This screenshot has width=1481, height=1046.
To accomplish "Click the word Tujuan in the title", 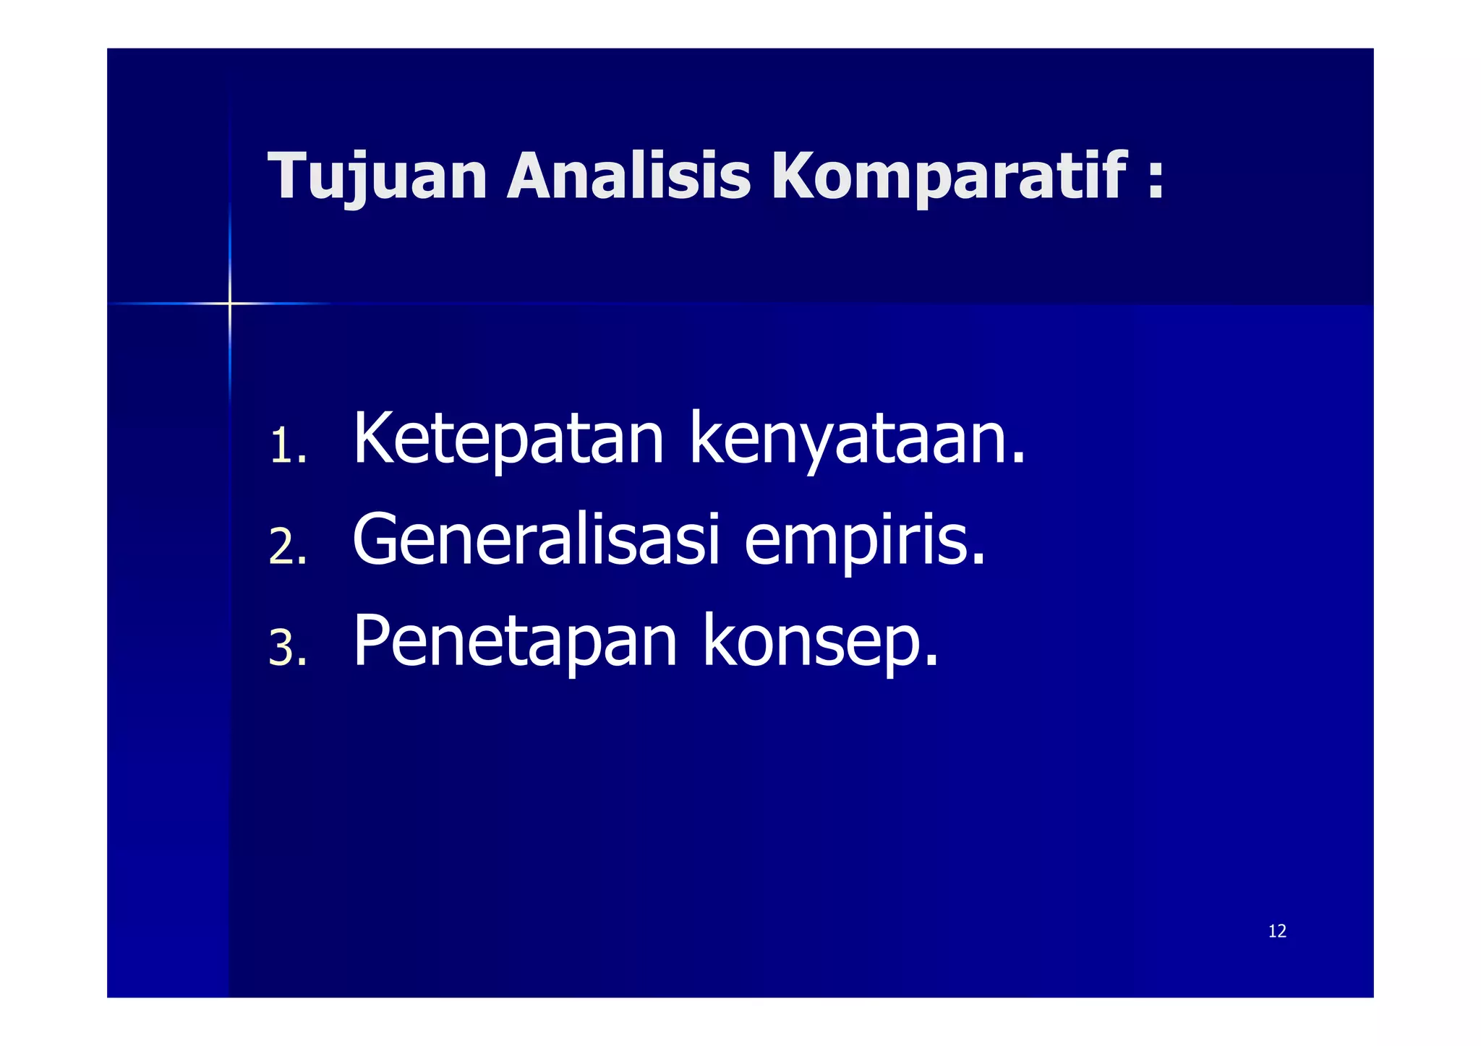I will point(377,176).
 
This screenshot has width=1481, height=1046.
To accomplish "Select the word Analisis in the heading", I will point(628,176).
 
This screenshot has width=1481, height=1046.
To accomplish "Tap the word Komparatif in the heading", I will point(947,176).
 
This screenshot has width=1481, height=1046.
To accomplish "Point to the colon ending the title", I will point(1155,177).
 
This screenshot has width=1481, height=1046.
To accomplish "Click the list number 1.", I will point(283,446).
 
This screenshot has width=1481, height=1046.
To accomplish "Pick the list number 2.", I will point(283,547).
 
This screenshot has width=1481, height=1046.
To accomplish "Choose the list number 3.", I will point(283,648).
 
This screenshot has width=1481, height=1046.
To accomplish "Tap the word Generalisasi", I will point(536,540).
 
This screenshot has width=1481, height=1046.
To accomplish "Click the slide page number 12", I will point(1277,931).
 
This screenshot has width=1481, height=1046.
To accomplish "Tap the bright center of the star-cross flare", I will point(230,304).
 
